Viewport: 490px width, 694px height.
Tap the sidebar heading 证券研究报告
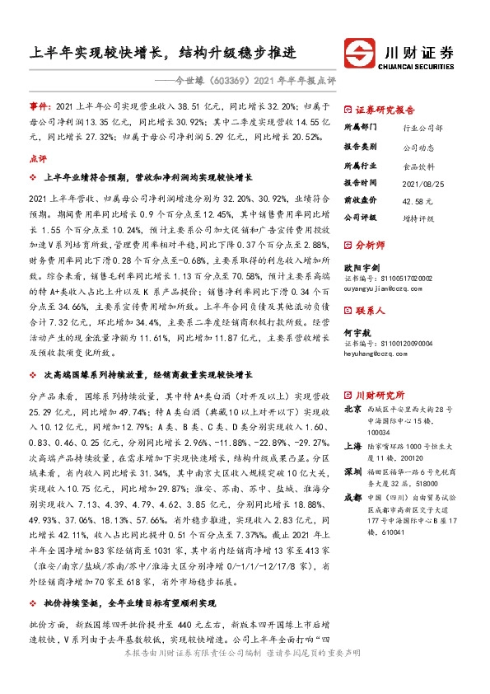click(x=385, y=110)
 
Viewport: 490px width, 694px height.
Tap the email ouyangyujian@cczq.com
click(x=383, y=288)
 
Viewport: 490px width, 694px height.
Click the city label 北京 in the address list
click(x=352, y=409)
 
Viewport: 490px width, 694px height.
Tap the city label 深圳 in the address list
click(x=352, y=469)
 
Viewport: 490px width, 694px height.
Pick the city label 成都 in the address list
click(x=352, y=498)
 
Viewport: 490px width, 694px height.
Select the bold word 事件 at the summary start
click(x=40, y=108)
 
